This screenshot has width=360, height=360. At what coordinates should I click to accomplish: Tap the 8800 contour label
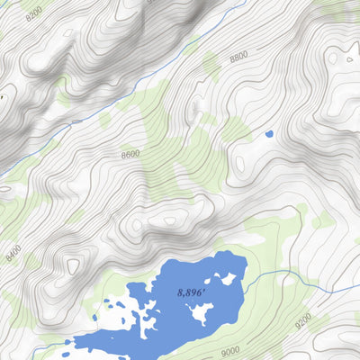(x=238, y=56)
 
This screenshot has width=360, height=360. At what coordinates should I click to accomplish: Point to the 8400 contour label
(x=13, y=253)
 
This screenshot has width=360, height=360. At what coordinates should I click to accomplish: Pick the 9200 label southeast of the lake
(x=303, y=319)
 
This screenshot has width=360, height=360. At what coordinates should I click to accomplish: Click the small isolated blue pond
(x=268, y=134)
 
